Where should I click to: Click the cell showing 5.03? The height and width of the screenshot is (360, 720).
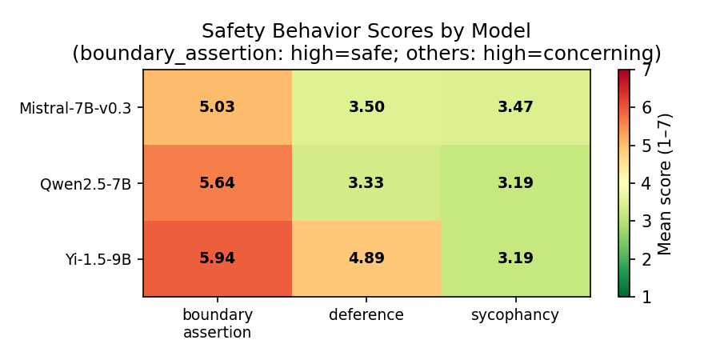[x=218, y=107]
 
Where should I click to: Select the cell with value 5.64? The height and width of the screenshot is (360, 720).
[x=218, y=183]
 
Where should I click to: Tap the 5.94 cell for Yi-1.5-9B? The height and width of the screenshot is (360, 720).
[x=218, y=258]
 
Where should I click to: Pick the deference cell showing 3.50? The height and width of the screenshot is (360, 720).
[x=366, y=107]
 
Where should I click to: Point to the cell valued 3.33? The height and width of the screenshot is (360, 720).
[x=366, y=183]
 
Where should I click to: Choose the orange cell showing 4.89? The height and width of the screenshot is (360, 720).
[x=366, y=258]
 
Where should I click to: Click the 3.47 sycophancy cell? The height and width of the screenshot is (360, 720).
[x=515, y=107]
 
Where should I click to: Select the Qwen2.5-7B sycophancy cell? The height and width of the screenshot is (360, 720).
[x=515, y=183]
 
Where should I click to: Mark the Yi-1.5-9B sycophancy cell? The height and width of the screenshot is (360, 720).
[x=515, y=258]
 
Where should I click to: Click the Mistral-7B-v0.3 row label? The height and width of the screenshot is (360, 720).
[x=75, y=108]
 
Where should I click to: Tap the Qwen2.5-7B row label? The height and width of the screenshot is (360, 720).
[x=86, y=184]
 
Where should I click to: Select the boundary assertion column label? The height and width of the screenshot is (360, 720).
[x=218, y=323]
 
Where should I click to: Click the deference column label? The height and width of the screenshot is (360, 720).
[x=366, y=315]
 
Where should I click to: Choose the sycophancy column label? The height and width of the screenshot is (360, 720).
[x=515, y=315]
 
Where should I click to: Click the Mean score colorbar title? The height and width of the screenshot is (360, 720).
[x=665, y=183]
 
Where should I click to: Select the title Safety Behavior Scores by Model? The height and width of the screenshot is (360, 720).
[x=366, y=32]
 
